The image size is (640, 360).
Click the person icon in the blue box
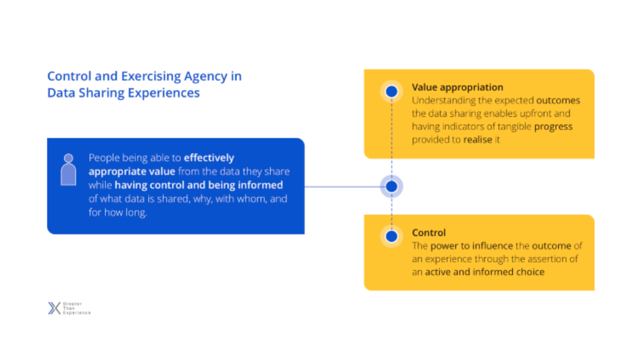[x=69, y=170]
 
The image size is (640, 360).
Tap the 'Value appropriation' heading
[x=457, y=87]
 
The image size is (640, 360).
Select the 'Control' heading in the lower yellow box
[x=429, y=232]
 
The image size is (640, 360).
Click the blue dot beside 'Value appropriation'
[x=391, y=91]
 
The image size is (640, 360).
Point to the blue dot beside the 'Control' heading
[x=391, y=236]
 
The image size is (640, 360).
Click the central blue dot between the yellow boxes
[x=391, y=186]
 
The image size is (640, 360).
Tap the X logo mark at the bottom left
[x=54, y=308]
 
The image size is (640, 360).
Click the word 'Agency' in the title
[x=205, y=77]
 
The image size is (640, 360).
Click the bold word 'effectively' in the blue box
[x=209, y=157]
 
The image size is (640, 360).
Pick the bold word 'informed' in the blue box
[x=261, y=185]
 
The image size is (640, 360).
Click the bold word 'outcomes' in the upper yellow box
[x=558, y=101]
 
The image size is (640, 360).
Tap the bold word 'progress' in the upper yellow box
[x=553, y=127]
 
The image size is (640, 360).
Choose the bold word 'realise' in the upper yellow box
[x=477, y=139]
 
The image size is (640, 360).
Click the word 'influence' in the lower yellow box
[x=492, y=246]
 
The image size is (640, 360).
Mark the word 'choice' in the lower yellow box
[x=529, y=272]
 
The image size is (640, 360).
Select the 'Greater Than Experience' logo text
[x=77, y=308]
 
